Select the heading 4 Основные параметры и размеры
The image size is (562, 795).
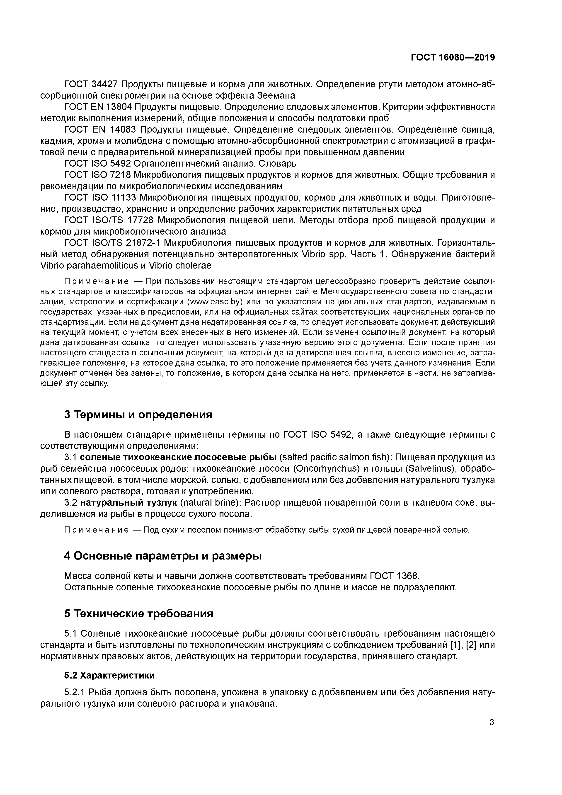(x=163, y=556)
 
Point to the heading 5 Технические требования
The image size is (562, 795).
(x=138, y=613)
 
